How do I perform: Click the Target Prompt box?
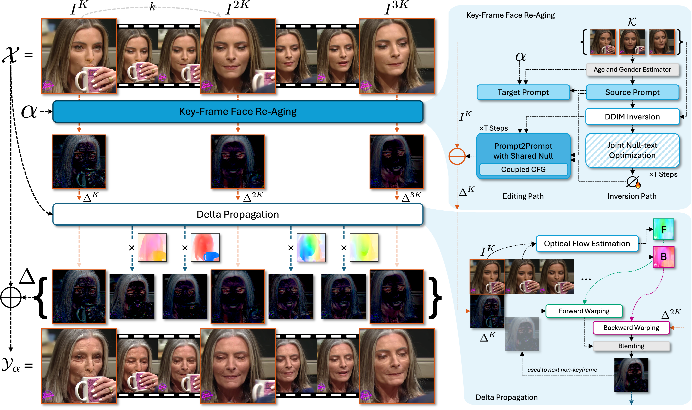pos(523,92)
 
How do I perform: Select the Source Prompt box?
pos(632,92)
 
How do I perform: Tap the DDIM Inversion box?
pos(632,117)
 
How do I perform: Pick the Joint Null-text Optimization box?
pos(632,150)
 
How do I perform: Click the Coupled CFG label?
pos(523,169)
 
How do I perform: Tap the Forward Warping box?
pos(584,311)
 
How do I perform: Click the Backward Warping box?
pos(631,328)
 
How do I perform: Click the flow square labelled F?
pos(663,229)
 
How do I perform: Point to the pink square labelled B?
pos(663,257)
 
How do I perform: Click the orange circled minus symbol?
pos(457,156)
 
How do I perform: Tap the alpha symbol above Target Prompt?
pos(520,57)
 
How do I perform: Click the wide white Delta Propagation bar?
pos(238,214)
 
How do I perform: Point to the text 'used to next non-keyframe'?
pos(562,370)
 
